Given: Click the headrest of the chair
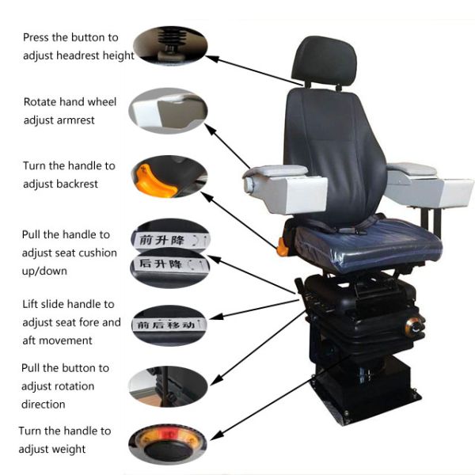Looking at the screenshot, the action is pyautogui.click(x=325, y=61).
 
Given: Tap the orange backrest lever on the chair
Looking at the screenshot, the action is pyautogui.click(x=282, y=248).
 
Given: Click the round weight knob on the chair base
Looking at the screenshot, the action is pyautogui.click(x=415, y=327).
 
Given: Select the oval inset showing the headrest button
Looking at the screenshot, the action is pyautogui.click(x=170, y=45).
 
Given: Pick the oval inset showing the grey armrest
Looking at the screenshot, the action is pyautogui.click(x=168, y=111).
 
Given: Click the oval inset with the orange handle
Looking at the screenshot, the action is pyautogui.click(x=169, y=177).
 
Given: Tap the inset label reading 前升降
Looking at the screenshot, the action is pyautogui.click(x=170, y=240).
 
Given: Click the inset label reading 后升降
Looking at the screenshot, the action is pyautogui.click(x=170, y=264).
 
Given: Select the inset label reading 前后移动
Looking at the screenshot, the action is pyautogui.click(x=169, y=325).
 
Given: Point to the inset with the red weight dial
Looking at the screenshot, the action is pyautogui.click(x=168, y=444).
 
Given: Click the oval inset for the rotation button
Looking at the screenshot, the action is pyautogui.click(x=168, y=386).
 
